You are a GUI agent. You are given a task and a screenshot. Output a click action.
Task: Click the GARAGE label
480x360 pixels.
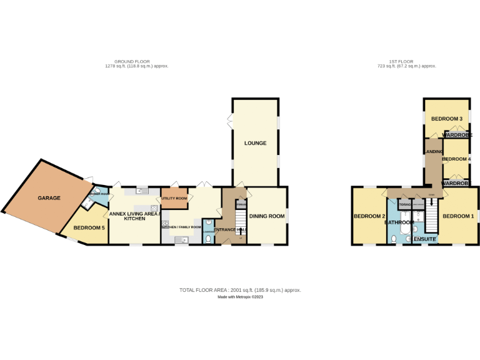49,198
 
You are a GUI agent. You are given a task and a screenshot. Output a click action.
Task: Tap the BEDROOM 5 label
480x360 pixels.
89,228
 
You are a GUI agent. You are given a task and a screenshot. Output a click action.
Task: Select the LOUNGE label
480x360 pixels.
255,143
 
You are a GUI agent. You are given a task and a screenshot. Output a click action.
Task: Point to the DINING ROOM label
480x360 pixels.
267,216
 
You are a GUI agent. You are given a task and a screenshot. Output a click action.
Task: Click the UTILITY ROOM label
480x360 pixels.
174,198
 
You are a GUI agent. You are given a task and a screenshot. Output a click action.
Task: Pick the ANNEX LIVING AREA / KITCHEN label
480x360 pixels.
134,216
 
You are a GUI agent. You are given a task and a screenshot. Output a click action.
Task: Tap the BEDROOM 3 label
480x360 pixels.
447,119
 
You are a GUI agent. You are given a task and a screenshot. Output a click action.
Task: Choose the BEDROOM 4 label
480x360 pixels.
456,159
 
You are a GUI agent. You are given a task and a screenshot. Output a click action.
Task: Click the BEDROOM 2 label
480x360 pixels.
369,216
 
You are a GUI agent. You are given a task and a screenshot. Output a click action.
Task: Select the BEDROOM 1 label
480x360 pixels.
458,216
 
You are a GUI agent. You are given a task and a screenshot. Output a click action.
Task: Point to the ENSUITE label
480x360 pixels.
424,239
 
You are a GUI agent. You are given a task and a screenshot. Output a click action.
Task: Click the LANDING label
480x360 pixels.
433,152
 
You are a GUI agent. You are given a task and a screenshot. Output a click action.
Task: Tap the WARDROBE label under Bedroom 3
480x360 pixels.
457,134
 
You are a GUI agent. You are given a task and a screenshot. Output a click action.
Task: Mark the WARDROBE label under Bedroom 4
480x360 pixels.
457,183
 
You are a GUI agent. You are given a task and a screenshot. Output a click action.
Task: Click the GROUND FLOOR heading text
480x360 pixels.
136,62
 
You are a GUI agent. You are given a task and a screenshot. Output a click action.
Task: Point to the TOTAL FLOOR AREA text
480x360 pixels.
240,290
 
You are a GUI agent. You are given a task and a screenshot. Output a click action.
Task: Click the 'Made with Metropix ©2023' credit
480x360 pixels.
240,297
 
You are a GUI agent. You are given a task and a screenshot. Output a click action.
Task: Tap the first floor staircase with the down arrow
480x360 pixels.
431,216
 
